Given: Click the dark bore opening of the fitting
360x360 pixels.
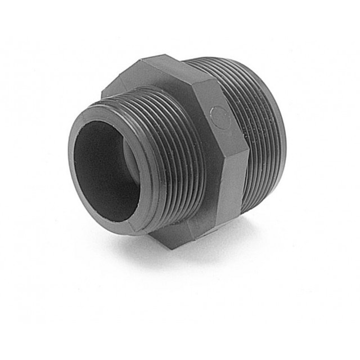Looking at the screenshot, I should (x=101, y=169).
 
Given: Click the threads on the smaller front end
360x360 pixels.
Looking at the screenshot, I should (x=169, y=163).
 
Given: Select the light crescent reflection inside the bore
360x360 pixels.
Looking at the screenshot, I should (x=131, y=169).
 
